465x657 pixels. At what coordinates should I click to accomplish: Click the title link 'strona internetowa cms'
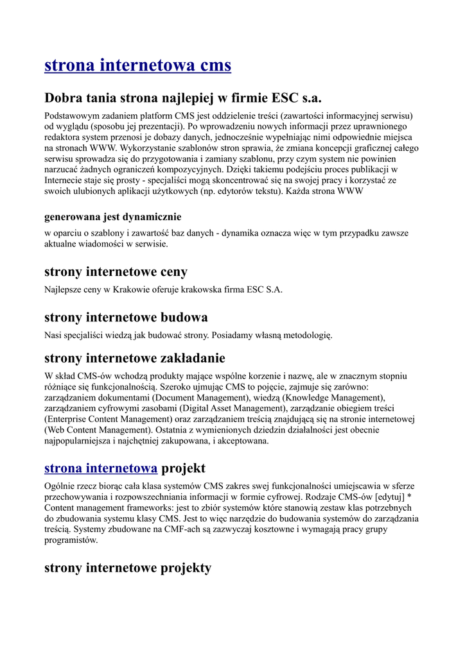pos(137,65)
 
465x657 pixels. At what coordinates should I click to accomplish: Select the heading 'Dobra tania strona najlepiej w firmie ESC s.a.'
pos(182,98)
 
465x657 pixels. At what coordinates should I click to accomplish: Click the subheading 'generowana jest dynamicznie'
pos(112,217)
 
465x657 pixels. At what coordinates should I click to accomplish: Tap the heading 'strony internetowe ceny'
pos(116,271)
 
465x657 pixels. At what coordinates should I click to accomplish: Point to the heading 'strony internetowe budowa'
pos(126,318)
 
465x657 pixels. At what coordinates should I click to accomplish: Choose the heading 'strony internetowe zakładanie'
pos(134,358)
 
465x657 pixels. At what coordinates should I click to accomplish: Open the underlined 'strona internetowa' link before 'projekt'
pos(101,468)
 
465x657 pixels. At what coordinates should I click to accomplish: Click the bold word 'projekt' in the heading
pos(183,468)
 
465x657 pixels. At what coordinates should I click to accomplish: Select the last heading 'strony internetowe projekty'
pos(127,568)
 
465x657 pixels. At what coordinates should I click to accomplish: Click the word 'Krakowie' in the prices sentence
pos(132,289)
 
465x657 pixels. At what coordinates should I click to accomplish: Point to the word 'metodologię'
pos(305,335)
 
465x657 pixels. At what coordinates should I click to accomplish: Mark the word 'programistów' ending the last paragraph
pos(71,540)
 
